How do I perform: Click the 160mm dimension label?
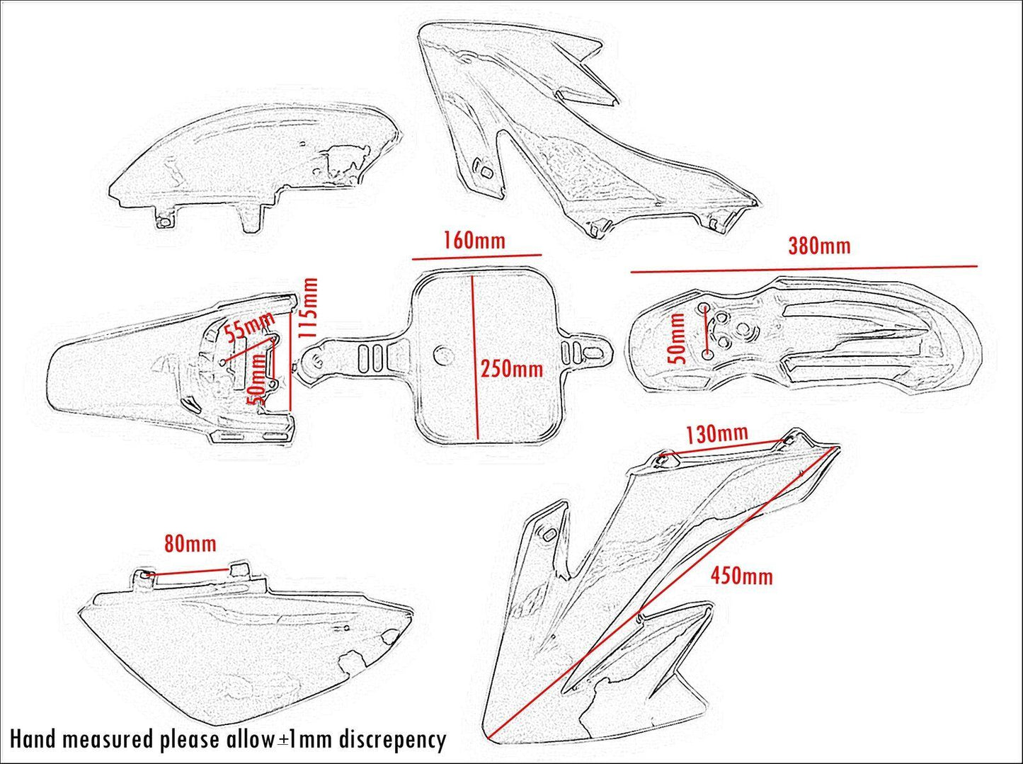point(474,240)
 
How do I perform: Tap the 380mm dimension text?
point(819,246)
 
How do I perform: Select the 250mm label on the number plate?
point(512,368)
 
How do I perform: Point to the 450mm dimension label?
point(741,575)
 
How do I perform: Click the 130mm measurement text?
point(716,433)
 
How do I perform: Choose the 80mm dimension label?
point(190,544)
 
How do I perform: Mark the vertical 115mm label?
point(308,307)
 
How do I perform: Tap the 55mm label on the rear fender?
point(248,327)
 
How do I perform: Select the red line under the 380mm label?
point(804,269)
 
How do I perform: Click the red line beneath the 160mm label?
point(477,257)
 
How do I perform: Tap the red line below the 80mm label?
point(190,571)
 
